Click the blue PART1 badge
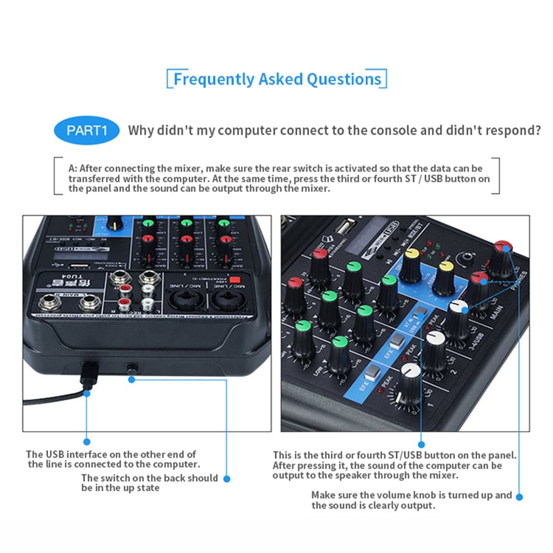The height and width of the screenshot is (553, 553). click(86, 131)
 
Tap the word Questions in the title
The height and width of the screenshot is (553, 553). click(344, 79)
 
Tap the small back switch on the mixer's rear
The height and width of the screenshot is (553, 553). click(132, 367)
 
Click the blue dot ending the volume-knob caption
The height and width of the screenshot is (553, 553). click(519, 496)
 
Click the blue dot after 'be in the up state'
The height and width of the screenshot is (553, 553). click(226, 479)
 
